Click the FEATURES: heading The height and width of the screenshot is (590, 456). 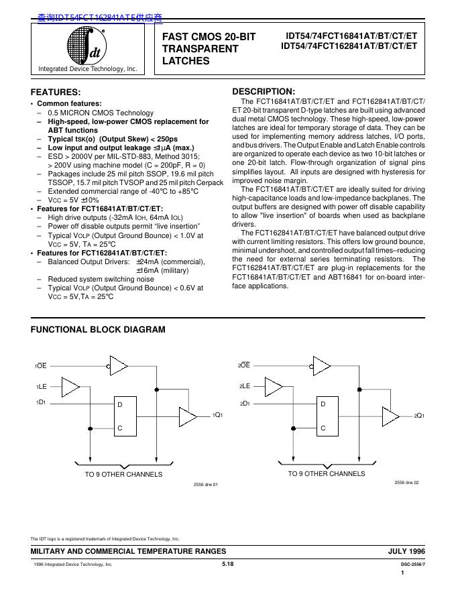click(x=56, y=92)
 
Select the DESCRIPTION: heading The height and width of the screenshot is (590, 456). click(x=263, y=91)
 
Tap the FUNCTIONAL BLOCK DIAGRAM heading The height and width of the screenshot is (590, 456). click(x=98, y=329)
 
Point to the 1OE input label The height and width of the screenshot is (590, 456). click(x=41, y=366)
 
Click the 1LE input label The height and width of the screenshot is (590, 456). click(x=41, y=387)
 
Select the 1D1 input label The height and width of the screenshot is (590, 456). click(x=41, y=402)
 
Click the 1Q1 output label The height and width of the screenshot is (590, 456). click(x=217, y=416)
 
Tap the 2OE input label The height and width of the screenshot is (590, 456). click(x=243, y=365)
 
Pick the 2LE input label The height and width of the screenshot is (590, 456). click(x=243, y=386)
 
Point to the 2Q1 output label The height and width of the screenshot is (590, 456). click(x=420, y=416)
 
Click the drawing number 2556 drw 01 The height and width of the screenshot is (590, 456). click(x=206, y=484)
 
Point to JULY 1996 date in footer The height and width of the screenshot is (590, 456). click(x=406, y=550)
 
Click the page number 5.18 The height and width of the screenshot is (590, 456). click(x=227, y=565)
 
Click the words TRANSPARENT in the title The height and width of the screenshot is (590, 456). click(x=200, y=49)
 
